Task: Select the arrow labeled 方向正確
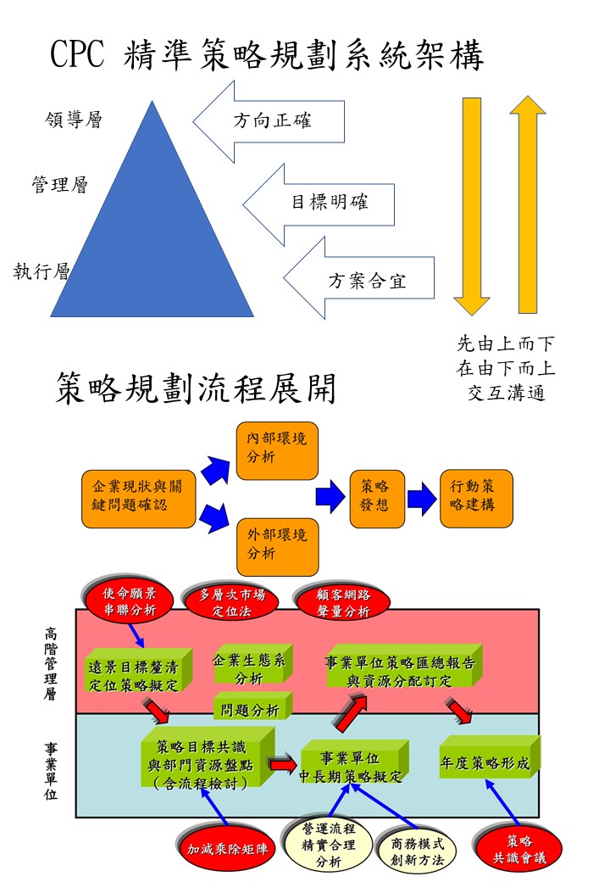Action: (x=271, y=120)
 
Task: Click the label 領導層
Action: (x=73, y=120)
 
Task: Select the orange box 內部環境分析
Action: (x=277, y=450)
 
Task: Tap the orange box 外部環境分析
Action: (x=277, y=545)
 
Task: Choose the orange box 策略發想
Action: (x=374, y=498)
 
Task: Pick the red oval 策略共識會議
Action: (x=518, y=848)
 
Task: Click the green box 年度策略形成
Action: (x=488, y=763)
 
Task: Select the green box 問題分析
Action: (x=250, y=710)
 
